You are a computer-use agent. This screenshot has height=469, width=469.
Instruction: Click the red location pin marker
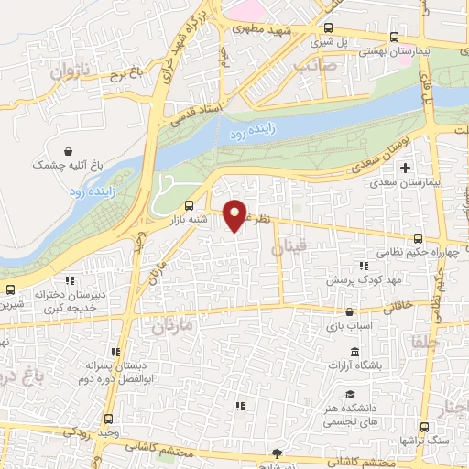click(236, 215)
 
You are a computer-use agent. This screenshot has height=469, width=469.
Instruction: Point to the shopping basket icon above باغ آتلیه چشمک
click(68, 150)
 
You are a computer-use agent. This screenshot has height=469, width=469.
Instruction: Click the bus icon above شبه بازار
click(189, 206)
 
